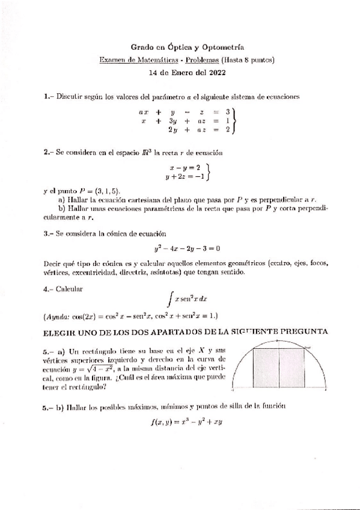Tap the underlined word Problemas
click(x=202, y=60)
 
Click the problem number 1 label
click(x=47, y=96)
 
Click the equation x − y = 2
click(x=184, y=168)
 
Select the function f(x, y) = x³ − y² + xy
click(x=187, y=422)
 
